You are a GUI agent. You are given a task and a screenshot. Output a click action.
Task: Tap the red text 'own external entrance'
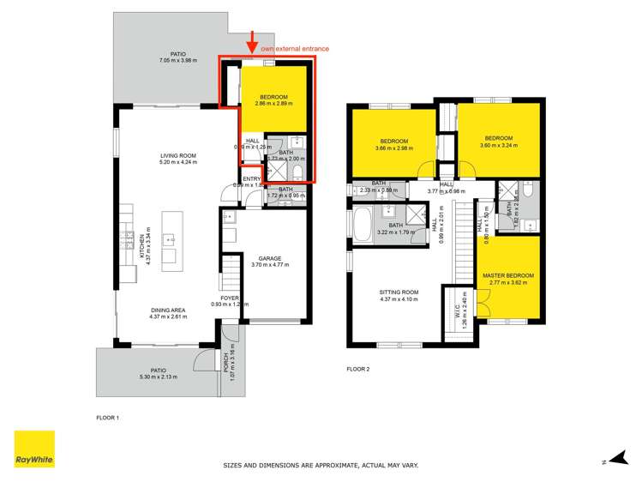point(295,50)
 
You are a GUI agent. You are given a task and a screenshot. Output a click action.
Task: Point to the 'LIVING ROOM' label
point(178,155)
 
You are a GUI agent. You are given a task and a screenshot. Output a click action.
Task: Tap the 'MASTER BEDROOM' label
point(508,275)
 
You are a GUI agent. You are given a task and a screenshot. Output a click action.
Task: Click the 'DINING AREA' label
point(167,310)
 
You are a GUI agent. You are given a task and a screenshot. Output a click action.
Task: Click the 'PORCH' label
point(226,364)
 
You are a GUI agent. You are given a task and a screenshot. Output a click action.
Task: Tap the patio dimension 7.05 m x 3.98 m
point(177,61)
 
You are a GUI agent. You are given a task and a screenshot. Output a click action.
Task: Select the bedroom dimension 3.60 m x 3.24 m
point(498,145)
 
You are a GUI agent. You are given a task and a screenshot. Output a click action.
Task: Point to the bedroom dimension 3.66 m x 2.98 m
point(393,148)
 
